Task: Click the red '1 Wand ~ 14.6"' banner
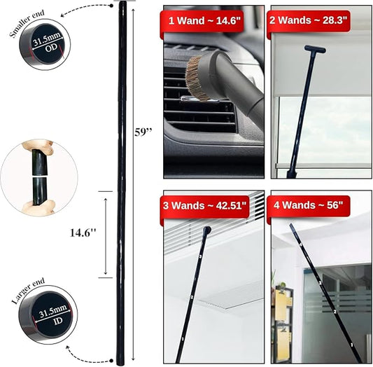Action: click(203, 21)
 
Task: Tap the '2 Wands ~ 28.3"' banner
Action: click(309, 20)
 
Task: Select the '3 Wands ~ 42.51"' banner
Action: click(204, 206)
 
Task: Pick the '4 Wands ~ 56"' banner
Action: click(309, 206)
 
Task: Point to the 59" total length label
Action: click(143, 132)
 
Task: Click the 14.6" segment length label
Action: click(83, 233)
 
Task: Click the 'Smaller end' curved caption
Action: click(27, 23)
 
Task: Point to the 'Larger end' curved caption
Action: click(28, 291)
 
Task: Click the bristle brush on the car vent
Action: click(194, 79)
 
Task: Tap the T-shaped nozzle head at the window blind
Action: click(315, 49)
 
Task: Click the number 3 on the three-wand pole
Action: click(200, 256)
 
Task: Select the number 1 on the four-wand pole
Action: click(352, 345)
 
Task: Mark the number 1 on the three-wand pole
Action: click(183, 338)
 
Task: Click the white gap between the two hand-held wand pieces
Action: click(39, 177)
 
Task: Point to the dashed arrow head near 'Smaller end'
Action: click(62, 15)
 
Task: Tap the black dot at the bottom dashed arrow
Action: click(111, 361)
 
